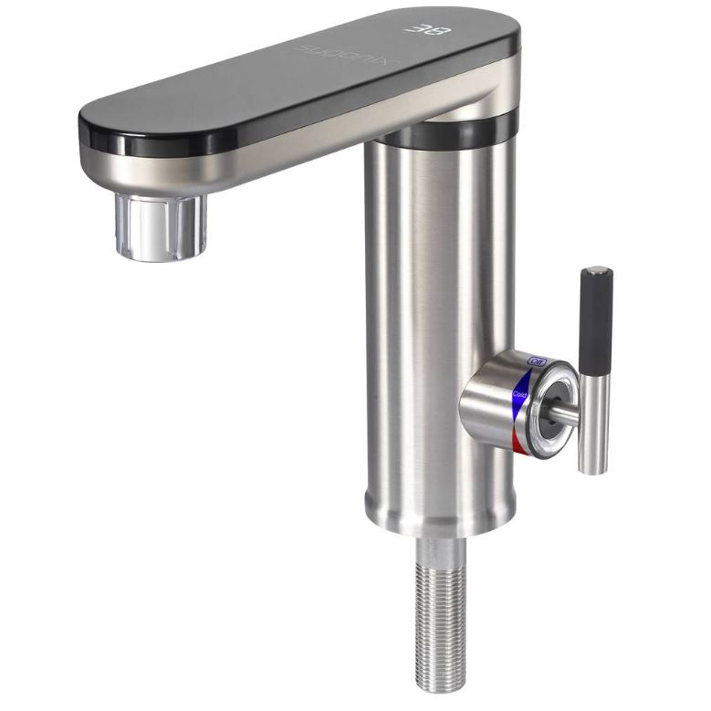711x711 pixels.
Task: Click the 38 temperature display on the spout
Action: [425, 27]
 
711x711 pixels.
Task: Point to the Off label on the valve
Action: [537, 362]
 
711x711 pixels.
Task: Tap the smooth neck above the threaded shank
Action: [441, 549]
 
